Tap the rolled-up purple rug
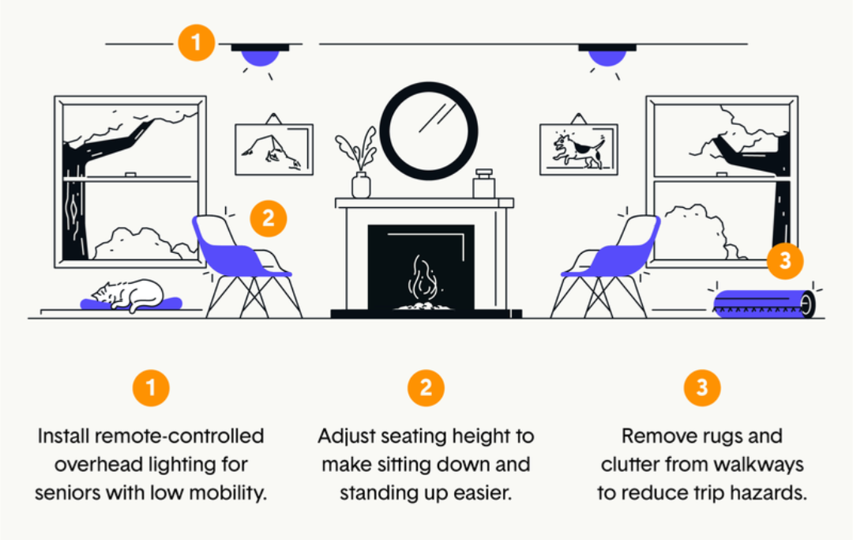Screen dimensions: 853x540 point(762,303)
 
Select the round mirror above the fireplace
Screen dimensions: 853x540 point(429,131)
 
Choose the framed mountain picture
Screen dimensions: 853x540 point(274,149)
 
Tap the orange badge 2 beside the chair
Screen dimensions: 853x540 point(269,217)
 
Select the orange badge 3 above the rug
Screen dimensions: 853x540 point(785,260)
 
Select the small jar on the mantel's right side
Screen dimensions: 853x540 point(483,184)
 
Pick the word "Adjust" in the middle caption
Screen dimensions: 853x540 point(344,436)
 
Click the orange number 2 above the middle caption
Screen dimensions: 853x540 point(426,387)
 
